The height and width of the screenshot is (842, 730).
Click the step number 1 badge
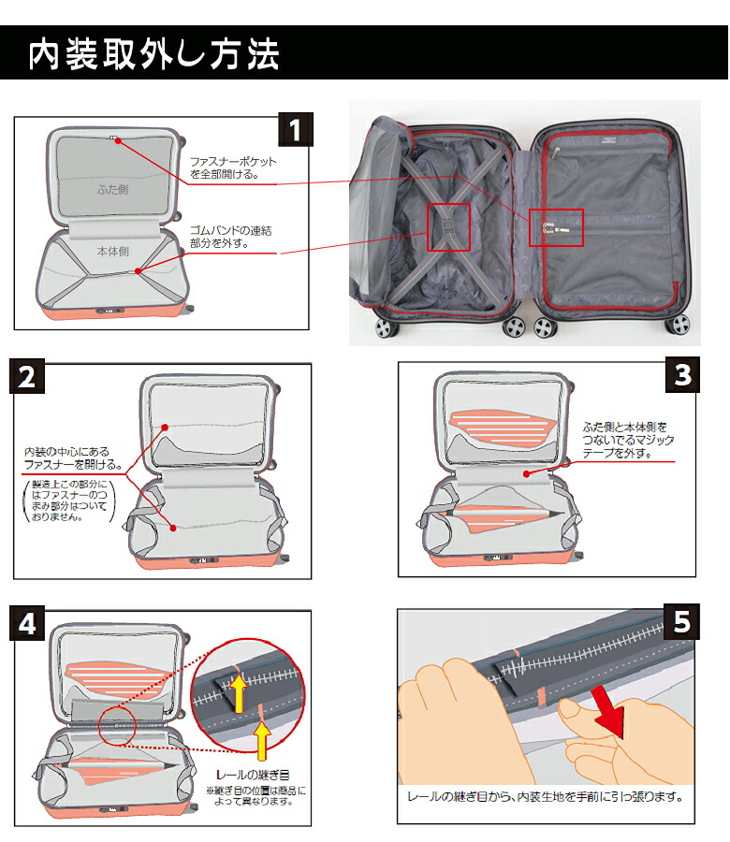click(296, 130)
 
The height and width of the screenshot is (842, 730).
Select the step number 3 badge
click(681, 375)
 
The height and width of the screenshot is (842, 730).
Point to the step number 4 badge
click(27, 624)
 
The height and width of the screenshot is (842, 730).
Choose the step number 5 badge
click(681, 623)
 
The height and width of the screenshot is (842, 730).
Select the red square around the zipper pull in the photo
click(556, 227)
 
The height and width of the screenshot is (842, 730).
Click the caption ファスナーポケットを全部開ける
click(233, 167)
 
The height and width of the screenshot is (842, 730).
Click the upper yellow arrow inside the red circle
click(240, 693)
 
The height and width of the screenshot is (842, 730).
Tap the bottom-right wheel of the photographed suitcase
click(679, 326)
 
